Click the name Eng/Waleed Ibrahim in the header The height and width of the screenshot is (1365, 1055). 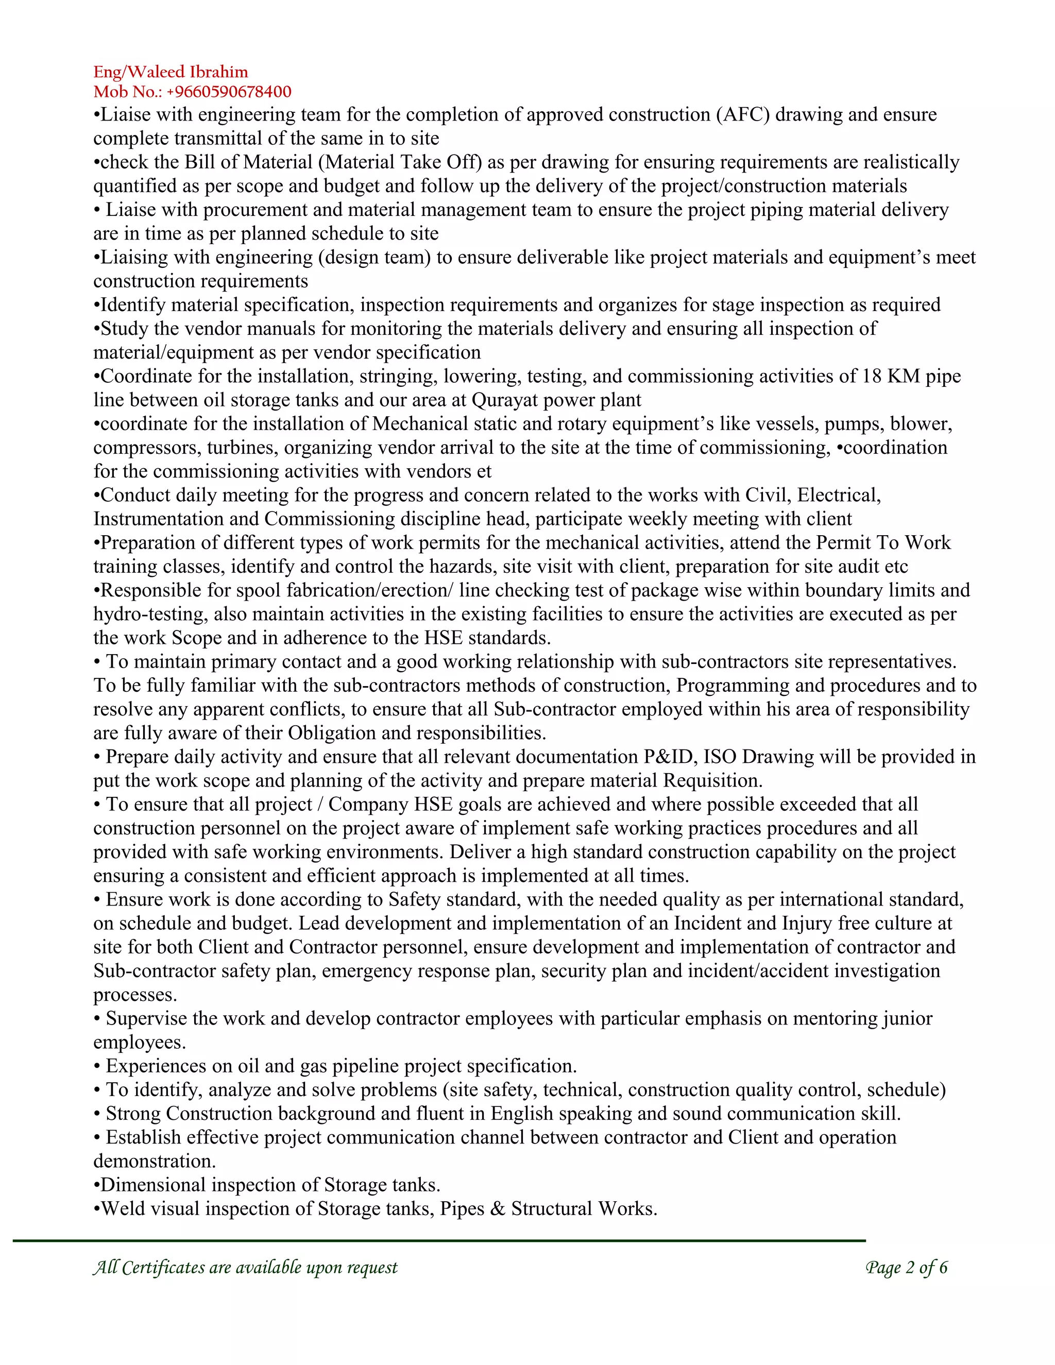(171, 72)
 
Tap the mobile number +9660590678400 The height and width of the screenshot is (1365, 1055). (229, 92)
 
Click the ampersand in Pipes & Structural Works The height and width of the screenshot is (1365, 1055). (498, 1209)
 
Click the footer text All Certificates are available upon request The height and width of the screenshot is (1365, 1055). (245, 1268)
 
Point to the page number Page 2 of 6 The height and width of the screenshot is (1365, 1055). (906, 1268)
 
